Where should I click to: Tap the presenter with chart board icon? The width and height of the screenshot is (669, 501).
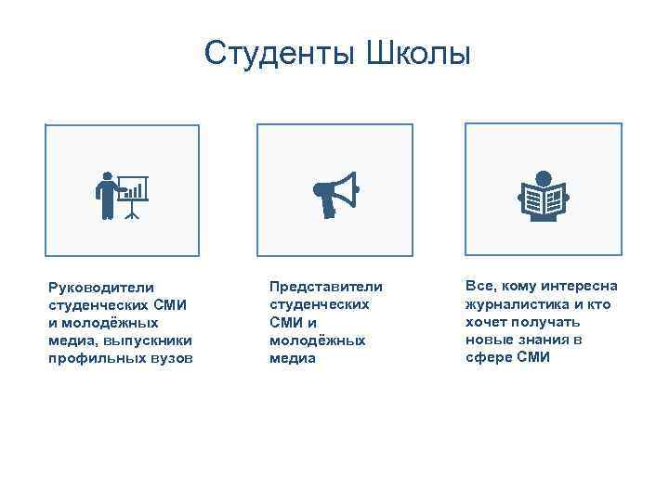pos(122,195)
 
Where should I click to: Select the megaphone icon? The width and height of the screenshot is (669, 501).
pos(334,194)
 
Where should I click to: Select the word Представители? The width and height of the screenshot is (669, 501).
pos(325,286)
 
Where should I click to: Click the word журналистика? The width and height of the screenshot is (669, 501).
pos(511,304)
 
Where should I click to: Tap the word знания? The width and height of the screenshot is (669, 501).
pos(545,340)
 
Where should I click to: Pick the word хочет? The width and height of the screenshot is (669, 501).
pos(487,322)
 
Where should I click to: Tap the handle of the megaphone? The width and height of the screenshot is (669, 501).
pos(328,208)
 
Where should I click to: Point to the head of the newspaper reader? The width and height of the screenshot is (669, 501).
pos(544,178)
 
